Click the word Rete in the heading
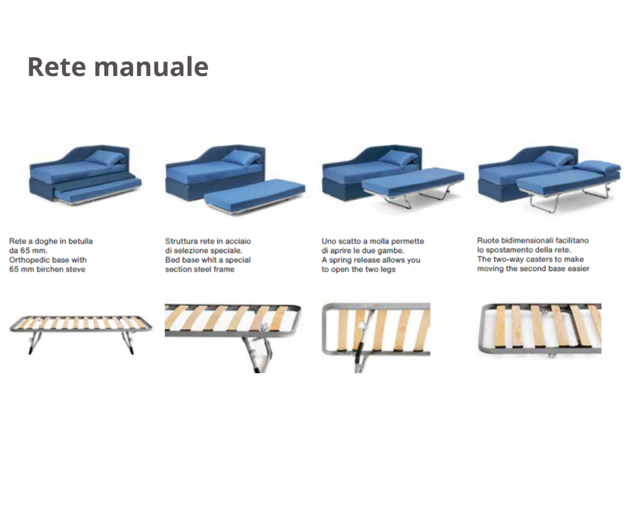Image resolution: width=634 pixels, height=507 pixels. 57,66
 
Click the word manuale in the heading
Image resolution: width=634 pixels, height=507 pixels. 152,67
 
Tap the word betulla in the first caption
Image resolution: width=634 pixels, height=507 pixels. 81,241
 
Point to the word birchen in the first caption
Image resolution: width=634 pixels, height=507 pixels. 49,269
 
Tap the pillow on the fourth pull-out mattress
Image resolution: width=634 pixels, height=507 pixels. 597,166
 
